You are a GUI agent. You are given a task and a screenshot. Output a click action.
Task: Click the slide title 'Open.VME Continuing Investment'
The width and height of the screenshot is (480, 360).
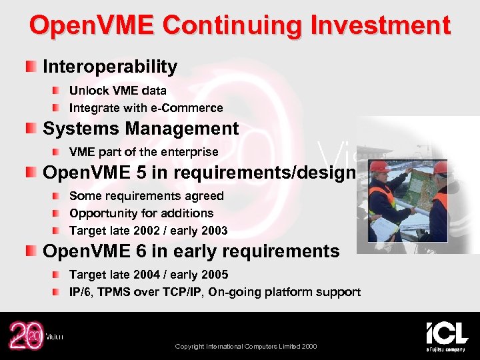coord(240,26)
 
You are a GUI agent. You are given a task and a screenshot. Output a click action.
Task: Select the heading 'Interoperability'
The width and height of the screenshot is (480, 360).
coord(110,67)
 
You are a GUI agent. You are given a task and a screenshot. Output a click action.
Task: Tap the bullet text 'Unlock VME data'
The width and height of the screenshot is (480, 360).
coord(118,91)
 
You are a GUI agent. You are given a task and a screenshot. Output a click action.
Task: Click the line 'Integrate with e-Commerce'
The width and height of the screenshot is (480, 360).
coord(146,108)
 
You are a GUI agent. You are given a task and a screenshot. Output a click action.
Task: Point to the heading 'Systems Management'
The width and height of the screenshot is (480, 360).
coord(141,128)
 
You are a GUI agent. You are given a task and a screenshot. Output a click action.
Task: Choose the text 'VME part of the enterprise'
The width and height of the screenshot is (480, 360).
coord(144,152)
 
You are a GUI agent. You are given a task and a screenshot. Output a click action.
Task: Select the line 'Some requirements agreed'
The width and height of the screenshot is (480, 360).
coord(147,196)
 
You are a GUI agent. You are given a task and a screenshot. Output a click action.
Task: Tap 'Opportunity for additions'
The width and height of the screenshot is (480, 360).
coord(141,213)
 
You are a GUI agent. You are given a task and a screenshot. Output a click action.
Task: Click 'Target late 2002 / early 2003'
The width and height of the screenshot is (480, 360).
coord(149,231)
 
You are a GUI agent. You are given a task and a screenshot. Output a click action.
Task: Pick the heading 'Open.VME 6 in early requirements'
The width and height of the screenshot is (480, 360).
coord(191,251)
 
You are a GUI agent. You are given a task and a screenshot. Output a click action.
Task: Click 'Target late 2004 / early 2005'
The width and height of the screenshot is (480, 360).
coord(149,275)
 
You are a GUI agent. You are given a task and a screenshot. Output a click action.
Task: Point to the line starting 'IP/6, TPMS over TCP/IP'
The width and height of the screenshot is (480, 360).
coord(215,292)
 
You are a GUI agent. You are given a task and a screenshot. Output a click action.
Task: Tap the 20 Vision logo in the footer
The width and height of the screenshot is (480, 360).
coord(33,336)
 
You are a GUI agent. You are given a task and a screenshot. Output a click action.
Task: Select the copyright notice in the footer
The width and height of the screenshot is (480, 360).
coord(246,347)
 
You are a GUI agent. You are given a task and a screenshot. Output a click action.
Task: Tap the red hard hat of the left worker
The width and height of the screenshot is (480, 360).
coord(380,167)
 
